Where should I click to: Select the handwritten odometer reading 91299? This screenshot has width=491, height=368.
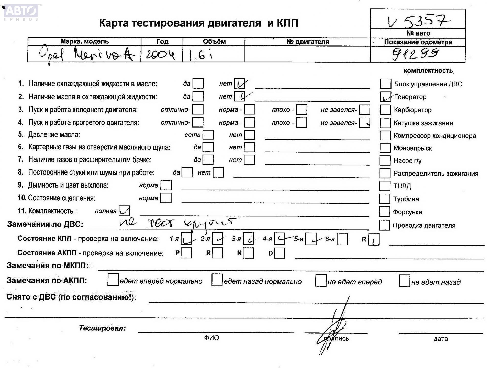(415, 54)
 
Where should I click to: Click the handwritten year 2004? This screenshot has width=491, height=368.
(161, 54)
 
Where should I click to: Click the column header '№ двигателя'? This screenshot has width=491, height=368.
(307, 42)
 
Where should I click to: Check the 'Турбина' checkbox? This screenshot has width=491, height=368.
(384, 199)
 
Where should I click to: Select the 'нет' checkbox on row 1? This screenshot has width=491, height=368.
(240, 84)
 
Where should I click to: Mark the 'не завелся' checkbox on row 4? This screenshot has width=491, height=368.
(364, 123)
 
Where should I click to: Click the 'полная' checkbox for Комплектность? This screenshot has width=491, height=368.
(124, 211)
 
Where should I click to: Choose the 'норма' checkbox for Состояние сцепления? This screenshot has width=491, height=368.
(166, 198)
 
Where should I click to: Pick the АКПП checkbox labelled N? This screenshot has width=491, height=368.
(248, 253)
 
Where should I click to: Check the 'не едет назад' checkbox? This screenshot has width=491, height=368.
(404, 281)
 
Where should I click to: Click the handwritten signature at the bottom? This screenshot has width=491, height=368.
(332, 330)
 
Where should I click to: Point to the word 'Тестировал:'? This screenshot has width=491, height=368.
(102, 328)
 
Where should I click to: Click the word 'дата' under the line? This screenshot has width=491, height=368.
(440, 339)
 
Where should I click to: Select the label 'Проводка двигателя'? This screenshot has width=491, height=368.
(424, 225)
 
